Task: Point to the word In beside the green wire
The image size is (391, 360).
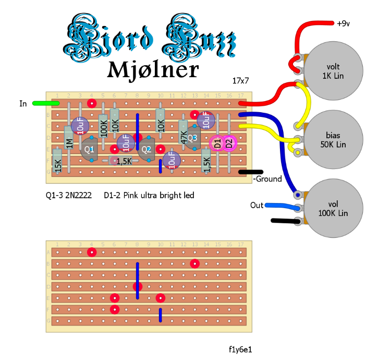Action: click(23, 104)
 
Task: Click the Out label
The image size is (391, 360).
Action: click(256, 205)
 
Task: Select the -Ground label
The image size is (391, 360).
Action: click(267, 179)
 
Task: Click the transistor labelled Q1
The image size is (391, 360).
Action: click(90, 148)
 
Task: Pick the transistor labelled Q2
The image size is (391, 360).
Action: click(146, 149)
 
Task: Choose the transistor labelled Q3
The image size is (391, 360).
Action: click(192, 138)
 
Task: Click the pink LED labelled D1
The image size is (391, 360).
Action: click(216, 142)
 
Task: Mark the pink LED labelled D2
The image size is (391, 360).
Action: click(229, 142)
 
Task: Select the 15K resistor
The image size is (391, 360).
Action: click(57, 161)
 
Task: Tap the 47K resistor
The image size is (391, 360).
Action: click(183, 135)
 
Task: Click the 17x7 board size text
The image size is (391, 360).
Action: click(240, 81)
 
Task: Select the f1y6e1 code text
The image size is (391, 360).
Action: click(240, 349)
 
